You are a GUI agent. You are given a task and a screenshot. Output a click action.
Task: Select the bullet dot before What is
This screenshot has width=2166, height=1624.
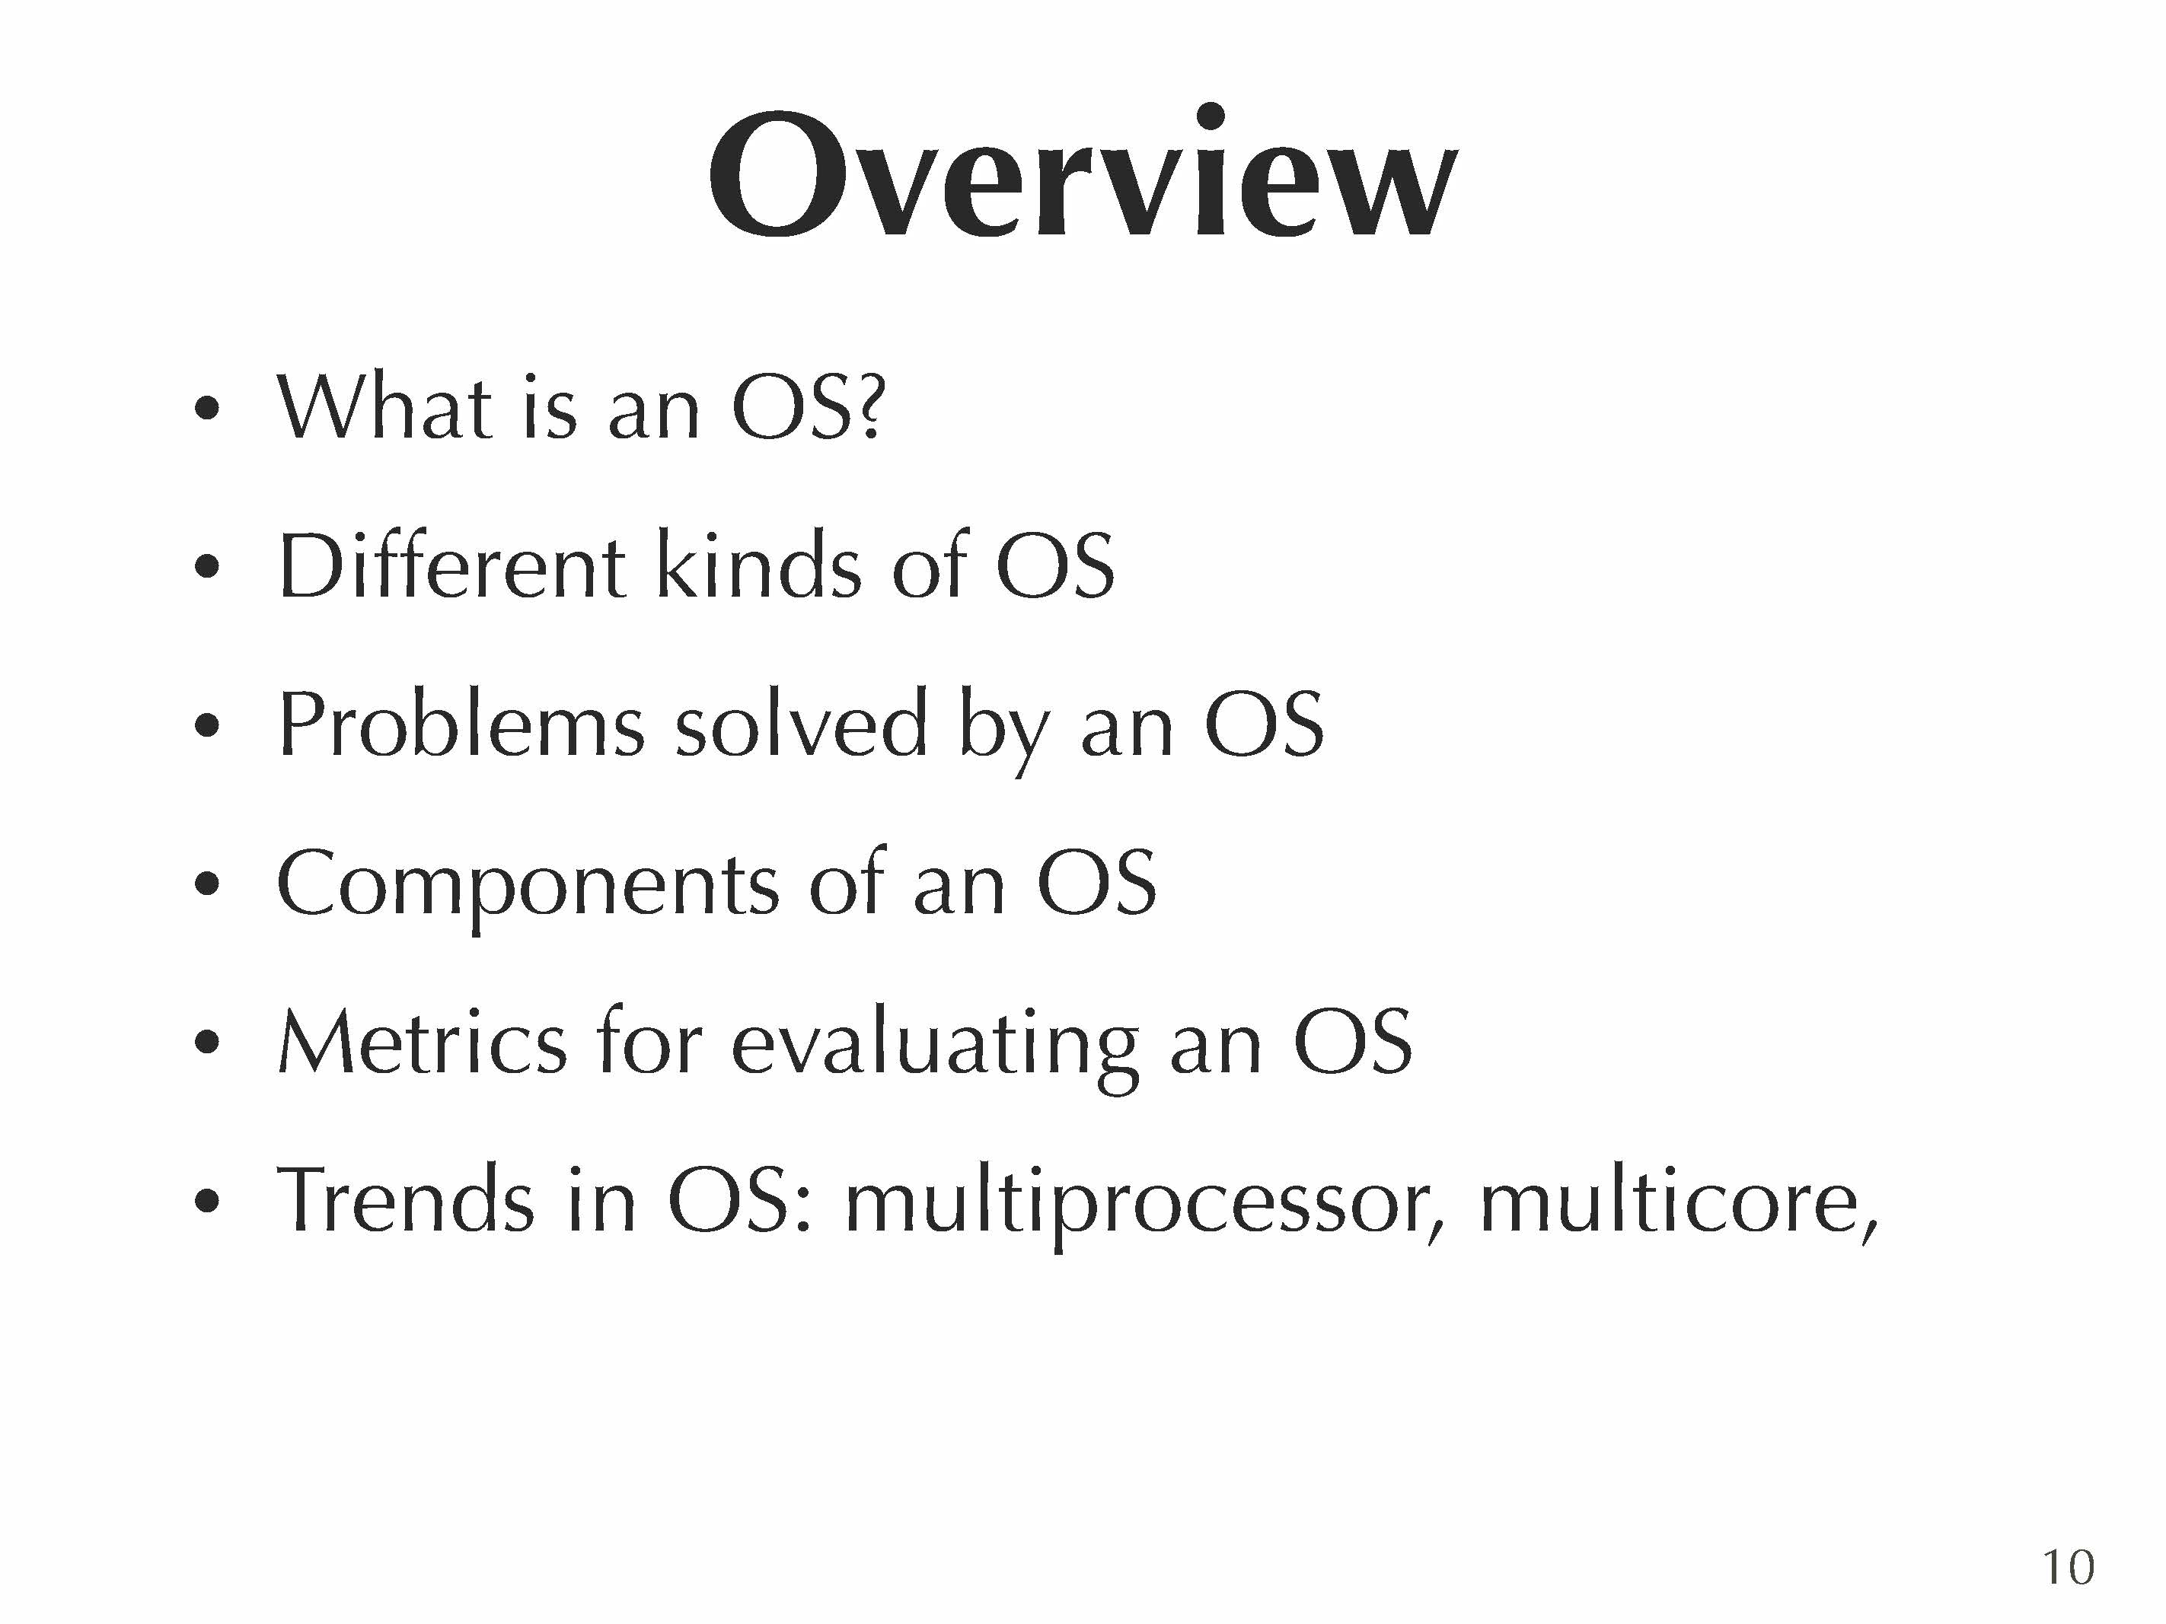(x=206, y=407)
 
